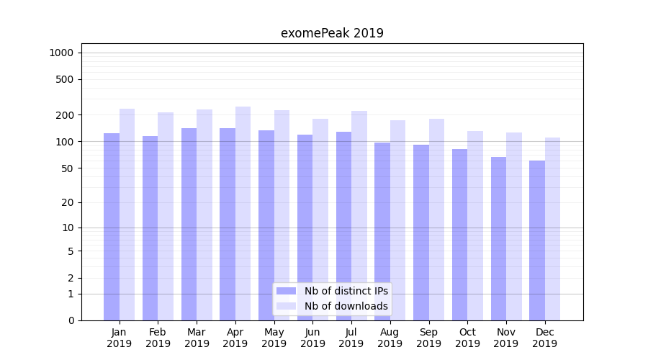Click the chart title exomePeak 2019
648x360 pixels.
[x=332, y=33]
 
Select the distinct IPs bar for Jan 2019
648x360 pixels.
[x=112, y=227]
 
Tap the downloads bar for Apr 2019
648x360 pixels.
[x=243, y=213]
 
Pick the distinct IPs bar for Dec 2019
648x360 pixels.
[x=537, y=240]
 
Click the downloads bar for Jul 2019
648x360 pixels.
[x=359, y=215]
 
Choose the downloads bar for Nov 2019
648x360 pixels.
[x=514, y=226]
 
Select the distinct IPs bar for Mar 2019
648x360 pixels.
[x=189, y=224]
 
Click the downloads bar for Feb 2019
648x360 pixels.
[x=166, y=216]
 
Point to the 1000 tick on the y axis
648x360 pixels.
[x=60, y=53]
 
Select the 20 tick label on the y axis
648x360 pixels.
[x=66, y=202]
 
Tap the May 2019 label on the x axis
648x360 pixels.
[x=274, y=338]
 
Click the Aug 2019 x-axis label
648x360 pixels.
[x=390, y=338]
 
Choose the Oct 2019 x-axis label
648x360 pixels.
[x=467, y=338]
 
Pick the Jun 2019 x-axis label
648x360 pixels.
[x=312, y=338]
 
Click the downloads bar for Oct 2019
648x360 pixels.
[x=475, y=225]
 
